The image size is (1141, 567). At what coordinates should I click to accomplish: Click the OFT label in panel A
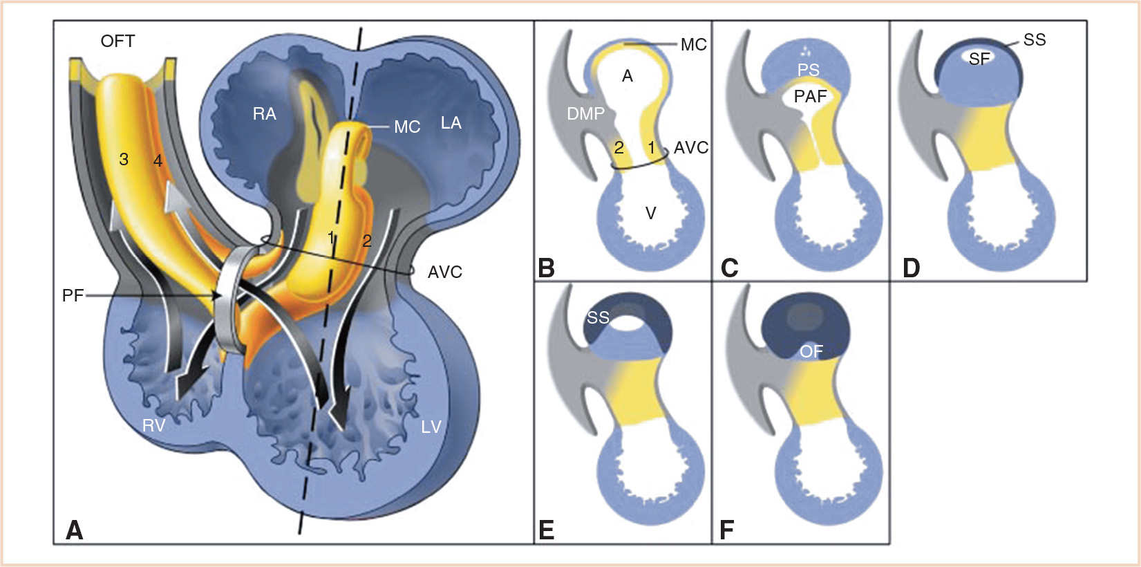(117, 41)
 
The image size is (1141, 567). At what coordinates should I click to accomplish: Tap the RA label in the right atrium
(264, 114)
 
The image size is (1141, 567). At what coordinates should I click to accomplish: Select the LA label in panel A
(451, 123)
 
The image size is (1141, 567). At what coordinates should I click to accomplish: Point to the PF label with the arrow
(73, 296)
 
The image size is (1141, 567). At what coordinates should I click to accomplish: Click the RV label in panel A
(153, 425)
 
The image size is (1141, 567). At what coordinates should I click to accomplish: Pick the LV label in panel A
(431, 427)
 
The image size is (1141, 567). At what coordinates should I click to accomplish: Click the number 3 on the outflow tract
(124, 160)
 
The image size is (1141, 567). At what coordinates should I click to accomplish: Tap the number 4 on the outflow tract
(158, 161)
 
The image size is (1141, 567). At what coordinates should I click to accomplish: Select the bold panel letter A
(74, 530)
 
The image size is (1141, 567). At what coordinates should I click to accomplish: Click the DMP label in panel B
(585, 113)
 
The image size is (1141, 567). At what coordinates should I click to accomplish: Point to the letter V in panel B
(650, 213)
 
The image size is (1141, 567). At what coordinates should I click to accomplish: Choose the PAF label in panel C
(810, 96)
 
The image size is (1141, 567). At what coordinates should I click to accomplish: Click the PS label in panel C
(808, 70)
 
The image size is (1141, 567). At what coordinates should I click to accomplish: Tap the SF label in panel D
(979, 59)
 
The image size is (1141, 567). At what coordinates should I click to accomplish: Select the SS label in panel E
(598, 317)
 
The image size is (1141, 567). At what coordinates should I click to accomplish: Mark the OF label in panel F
(811, 352)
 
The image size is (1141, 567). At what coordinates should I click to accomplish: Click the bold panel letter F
(726, 530)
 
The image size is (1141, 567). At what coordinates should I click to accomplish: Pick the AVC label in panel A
(444, 272)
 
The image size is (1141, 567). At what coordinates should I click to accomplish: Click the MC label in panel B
(693, 45)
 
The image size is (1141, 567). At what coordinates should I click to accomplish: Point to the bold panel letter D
(911, 268)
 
